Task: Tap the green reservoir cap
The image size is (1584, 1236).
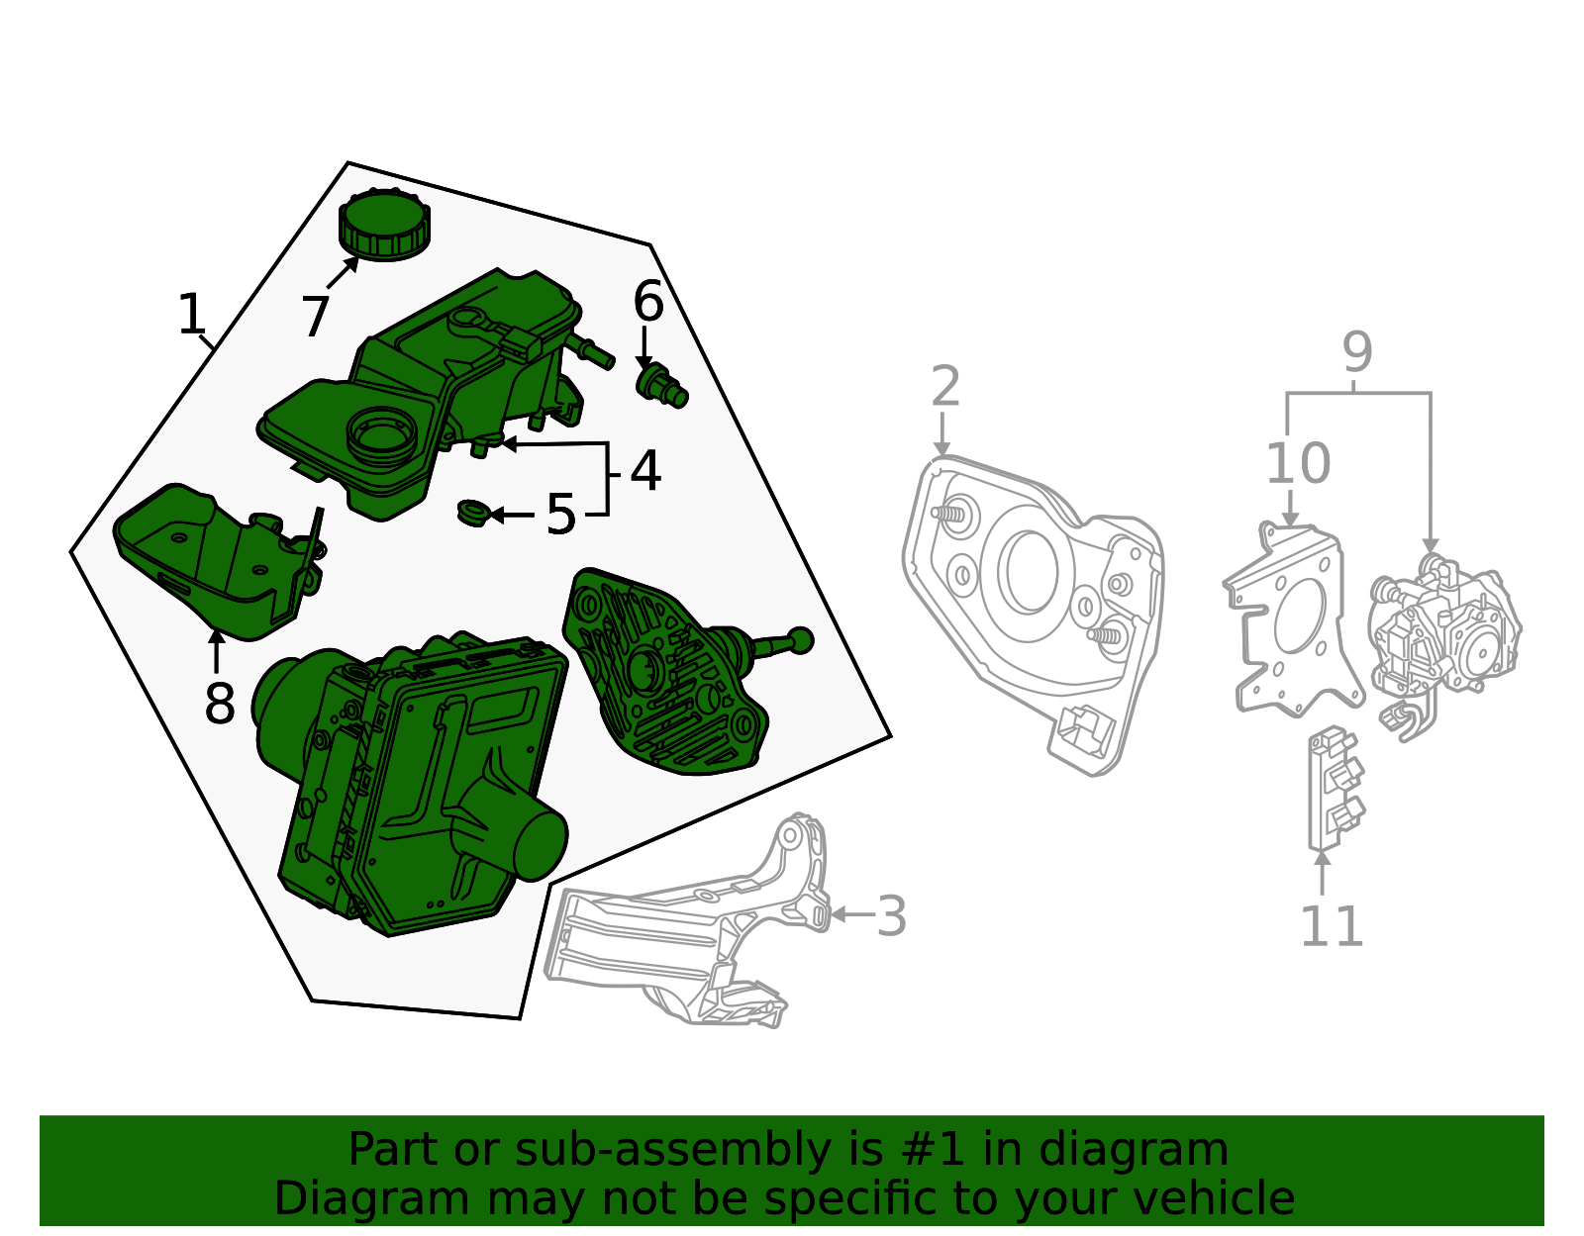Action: (x=384, y=227)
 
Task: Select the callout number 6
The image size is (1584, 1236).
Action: (x=648, y=302)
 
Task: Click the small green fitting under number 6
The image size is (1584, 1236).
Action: (x=661, y=384)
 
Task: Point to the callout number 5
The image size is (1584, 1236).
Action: (x=560, y=516)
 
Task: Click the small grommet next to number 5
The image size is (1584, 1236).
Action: (x=473, y=514)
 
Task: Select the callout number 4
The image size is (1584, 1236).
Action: (x=644, y=471)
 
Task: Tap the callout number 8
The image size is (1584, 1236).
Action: (x=220, y=705)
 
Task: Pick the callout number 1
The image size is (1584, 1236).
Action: (x=191, y=315)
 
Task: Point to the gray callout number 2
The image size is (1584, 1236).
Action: (x=945, y=386)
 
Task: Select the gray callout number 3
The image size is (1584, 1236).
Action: (x=891, y=916)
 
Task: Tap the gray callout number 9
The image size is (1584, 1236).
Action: (x=1357, y=352)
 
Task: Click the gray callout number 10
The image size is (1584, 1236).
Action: (x=1297, y=464)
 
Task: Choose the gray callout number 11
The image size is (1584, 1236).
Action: (x=1331, y=927)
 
